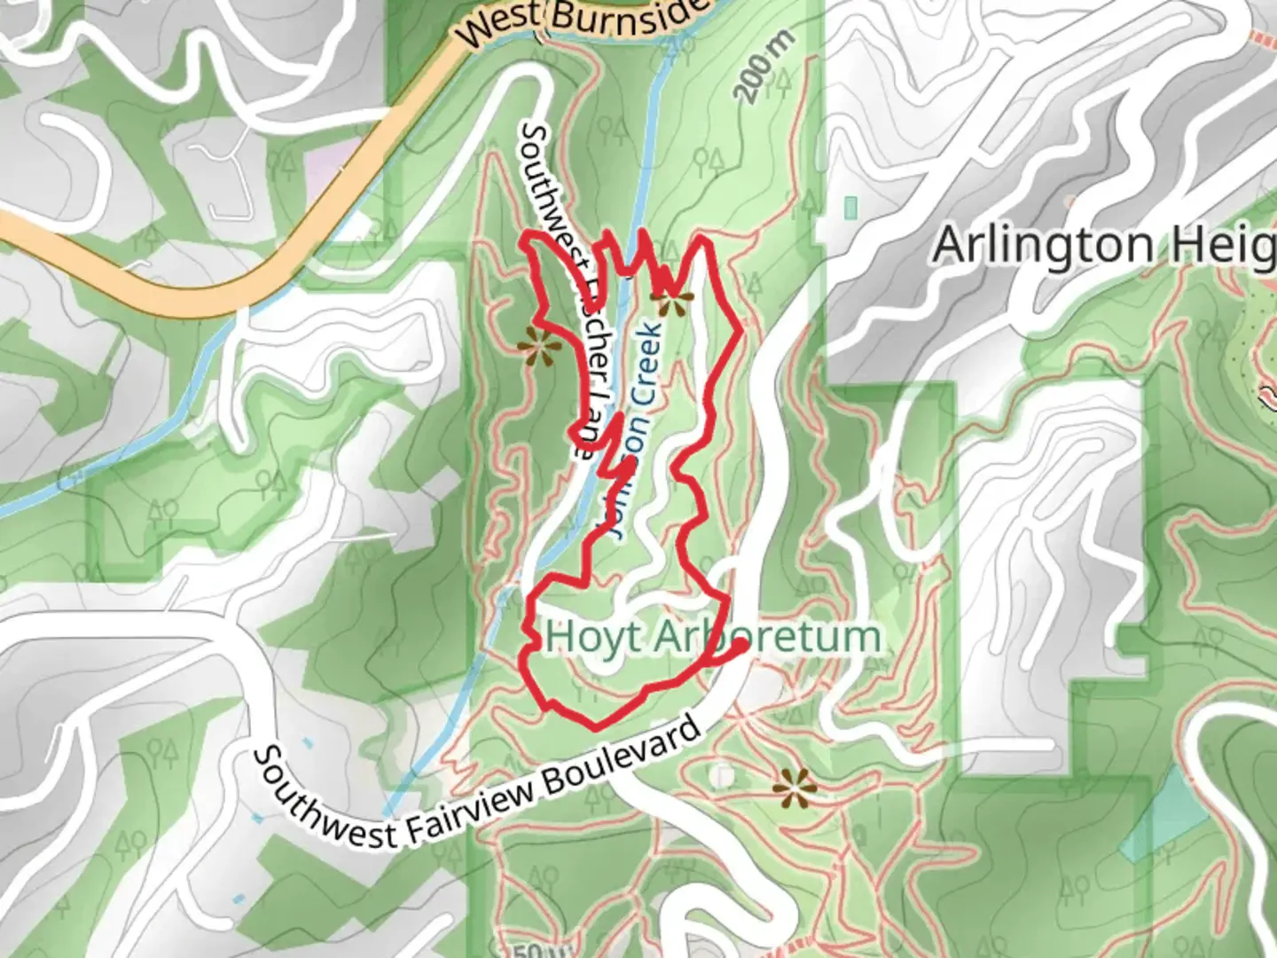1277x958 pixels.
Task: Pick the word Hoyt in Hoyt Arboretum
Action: point(582,636)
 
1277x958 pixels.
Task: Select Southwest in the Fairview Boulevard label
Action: point(324,798)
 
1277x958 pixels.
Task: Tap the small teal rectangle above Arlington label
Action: point(851,208)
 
